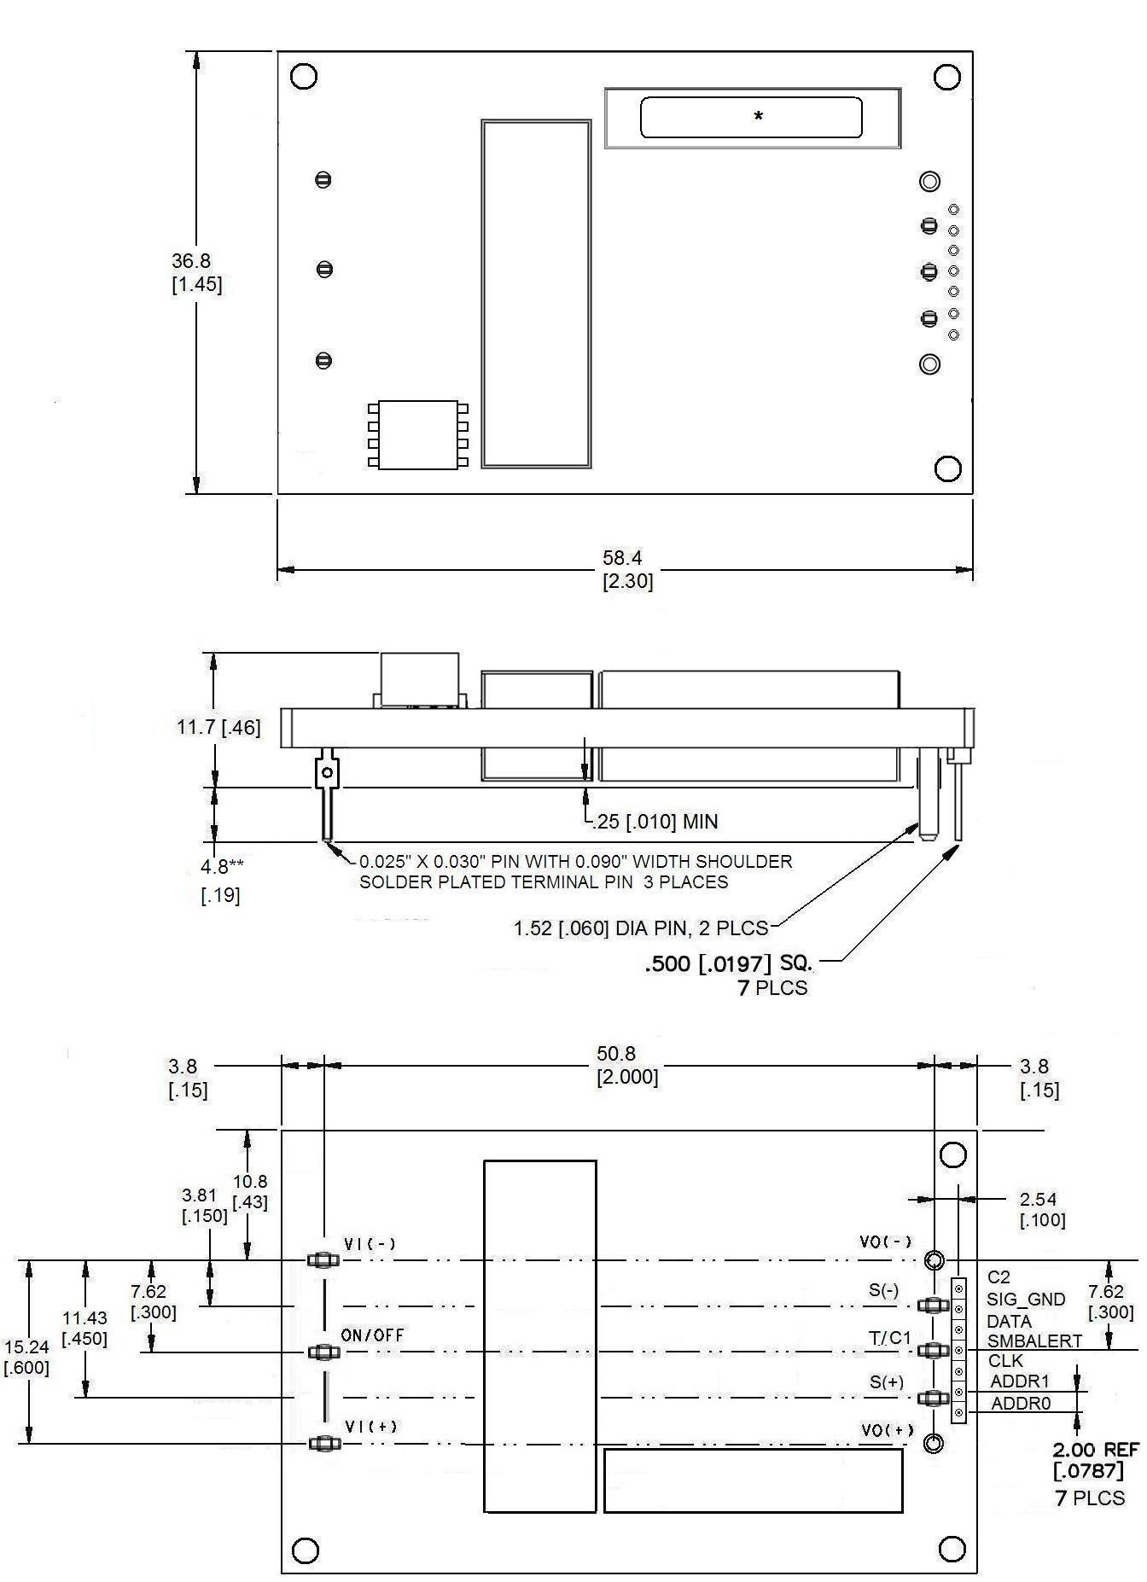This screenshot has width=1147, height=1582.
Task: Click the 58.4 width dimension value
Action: pos(622,559)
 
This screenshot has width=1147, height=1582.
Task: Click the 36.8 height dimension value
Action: pos(191,262)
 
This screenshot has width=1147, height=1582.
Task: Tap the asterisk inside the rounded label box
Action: pos(758,117)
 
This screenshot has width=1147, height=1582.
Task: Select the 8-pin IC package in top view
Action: pos(418,434)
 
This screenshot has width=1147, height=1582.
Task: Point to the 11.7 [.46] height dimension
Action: pos(218,727)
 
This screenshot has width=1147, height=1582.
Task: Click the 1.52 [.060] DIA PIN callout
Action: pos(640,928)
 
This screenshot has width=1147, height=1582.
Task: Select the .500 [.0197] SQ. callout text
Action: pos(728,964)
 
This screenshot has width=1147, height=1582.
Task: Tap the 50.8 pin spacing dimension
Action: pos(616,1055)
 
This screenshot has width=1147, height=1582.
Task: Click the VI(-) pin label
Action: pos(370,1244)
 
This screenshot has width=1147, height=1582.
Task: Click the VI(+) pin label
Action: pos(370,1426)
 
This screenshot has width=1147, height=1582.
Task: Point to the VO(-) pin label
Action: pos(885,1242)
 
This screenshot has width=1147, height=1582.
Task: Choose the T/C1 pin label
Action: pos(890,1338)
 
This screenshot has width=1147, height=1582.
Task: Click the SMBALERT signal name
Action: pos(1034,1341)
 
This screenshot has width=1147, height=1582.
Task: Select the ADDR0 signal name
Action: pos(1020,1403)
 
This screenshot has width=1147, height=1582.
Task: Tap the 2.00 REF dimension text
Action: pos(1095,1450)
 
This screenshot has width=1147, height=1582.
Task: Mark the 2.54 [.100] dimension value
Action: pos(1037,1200)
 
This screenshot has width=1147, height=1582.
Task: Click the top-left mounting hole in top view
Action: pos(304,76)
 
